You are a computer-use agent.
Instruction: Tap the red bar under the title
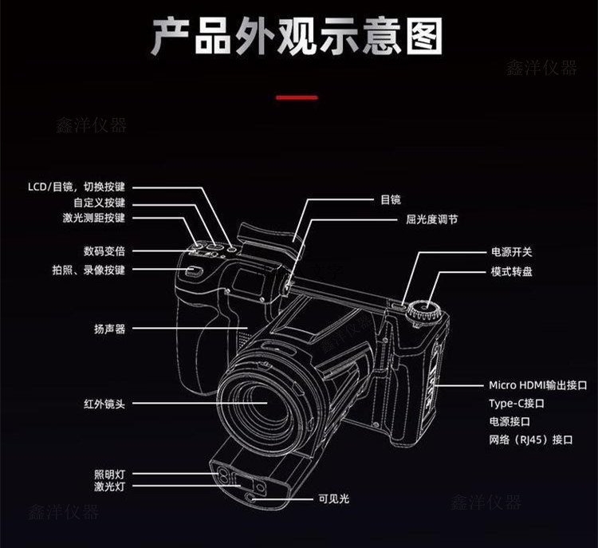pos(297,97)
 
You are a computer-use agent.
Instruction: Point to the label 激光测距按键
pos(93,219)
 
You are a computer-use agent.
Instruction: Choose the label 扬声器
pos(109,328)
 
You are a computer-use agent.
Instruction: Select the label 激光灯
pos(109,487)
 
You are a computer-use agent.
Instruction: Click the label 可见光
pos(333,499)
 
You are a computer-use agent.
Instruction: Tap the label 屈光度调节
pos(431,219)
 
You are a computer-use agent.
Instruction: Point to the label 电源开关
pos(511,252)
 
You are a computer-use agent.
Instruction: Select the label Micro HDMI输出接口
pos(537,384)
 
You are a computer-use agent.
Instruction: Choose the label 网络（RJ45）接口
pos(530,440)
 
